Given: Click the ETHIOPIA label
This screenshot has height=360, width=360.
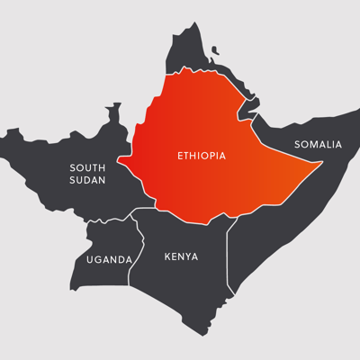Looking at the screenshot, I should click(x=200, y=156).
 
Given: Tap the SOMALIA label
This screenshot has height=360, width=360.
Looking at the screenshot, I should click(x=319, y=144).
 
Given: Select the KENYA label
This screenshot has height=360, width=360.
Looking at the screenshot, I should click(x=181, y=256).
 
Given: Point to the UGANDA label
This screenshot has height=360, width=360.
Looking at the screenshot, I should click(x=109, y=259).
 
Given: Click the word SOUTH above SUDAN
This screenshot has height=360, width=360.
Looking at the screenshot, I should click(x=87, y=167).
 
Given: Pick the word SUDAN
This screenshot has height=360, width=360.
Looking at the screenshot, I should click(x=87, y=180).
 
